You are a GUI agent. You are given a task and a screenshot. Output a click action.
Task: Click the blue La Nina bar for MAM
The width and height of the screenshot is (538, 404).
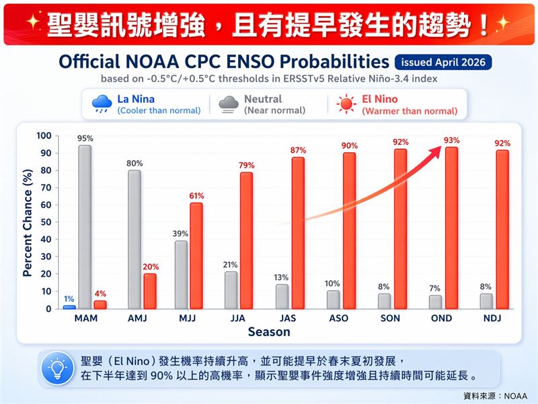[69, 307]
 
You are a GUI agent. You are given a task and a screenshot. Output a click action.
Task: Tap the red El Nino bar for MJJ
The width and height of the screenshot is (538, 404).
[196, 255]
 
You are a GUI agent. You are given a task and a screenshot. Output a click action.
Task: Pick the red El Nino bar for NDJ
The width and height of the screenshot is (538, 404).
[502, 229]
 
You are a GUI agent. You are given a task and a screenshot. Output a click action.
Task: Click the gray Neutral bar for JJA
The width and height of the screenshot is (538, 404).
[231, 290]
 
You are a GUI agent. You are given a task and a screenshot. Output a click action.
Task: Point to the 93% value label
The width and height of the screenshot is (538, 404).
[452, 140]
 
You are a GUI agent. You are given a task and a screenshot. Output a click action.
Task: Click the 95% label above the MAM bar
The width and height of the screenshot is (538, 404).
[85, 138]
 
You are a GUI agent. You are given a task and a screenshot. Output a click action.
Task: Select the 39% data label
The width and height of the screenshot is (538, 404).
[181, 234]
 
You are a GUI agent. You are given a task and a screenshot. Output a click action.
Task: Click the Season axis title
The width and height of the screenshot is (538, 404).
[269, 331]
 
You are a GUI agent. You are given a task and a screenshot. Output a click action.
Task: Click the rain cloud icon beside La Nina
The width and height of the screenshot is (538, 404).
[102, 104]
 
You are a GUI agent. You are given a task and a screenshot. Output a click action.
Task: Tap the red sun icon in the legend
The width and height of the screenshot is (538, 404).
[346, 104]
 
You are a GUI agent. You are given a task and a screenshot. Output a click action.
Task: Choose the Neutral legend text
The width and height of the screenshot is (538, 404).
[263, 99]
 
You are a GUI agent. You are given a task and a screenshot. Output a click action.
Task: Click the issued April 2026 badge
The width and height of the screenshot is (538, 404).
[443, 63]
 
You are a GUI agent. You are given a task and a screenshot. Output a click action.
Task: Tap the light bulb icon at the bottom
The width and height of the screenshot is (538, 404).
[58, 368]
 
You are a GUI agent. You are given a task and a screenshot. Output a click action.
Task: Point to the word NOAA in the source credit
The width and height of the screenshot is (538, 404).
[516, 395]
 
